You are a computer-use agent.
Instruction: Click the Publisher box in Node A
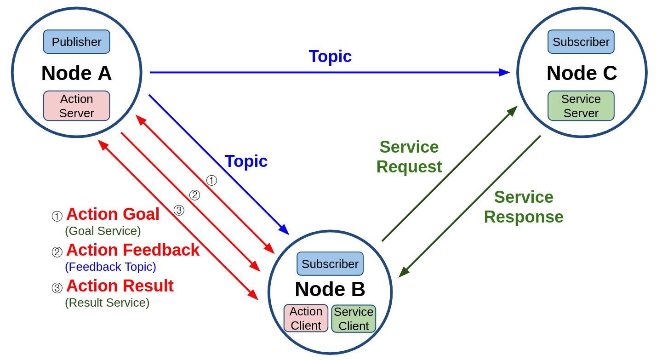click(x=76, y=42)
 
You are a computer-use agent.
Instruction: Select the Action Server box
click(x=76, y=106)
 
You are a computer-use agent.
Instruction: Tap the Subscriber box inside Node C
click(x=581, y=42)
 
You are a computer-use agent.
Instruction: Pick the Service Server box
click(x=581, y=106)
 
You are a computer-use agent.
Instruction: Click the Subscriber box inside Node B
click(x=330, y=263)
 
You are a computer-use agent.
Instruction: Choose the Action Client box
click(x=306, y=318)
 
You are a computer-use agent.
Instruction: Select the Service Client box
click(x=354, y=319)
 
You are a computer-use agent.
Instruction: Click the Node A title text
click(x=76, y=73)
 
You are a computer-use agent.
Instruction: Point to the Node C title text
click(x=582, y=73)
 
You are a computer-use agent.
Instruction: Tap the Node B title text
click(x=330, y=289)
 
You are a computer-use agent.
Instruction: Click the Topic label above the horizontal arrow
click(x=330, y=57)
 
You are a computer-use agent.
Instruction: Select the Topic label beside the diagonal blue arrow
click(x=246, y=161)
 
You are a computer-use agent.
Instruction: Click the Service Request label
click(x=409, y=157)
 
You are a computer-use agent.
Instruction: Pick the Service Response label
click(x=524, y=207)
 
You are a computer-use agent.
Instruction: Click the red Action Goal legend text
click(x=113, y=214)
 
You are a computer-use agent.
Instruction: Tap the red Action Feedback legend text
click(x=133, y=250)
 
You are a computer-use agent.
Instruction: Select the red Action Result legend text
click(x=120, y=286)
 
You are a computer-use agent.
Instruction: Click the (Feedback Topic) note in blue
click(x=110, y=267)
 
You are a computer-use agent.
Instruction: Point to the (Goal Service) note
click(x=103, y=231)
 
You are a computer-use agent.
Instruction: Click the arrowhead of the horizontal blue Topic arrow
click(x=504, y=73)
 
